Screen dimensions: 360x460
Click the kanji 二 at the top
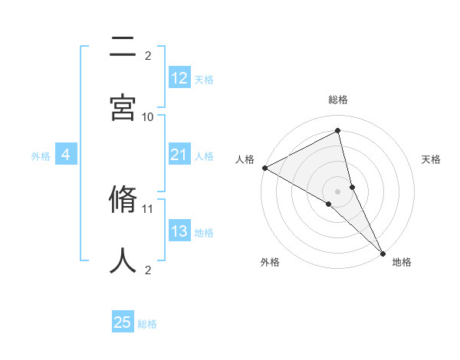tap(123, 49)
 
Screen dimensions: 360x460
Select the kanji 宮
tap(123, 106)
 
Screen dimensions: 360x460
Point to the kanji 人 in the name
tap(123, 260)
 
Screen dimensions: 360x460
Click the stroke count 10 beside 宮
tap(148, 116)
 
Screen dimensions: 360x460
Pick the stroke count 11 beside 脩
tap(148, 208)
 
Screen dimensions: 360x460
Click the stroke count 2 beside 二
tap(148, 55)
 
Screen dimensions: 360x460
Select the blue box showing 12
tap(179, 78)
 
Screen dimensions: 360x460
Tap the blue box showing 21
tap(179, 155)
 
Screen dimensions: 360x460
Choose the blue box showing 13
tap(179, 232)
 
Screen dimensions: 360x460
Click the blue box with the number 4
tap(66, 155)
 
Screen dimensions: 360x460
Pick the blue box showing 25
tap(123, 322)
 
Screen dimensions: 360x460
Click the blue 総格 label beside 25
tap(147, 324)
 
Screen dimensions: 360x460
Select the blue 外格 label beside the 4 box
tap(41, 156)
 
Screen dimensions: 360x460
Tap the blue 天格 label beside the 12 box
tap(204, 79)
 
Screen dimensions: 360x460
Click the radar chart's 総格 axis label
tap(338, 100)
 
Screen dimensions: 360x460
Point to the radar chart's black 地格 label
tap(402, 262)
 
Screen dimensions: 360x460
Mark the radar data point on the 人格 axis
tap(264, 168)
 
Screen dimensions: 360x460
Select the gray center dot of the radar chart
tap(338, 191)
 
